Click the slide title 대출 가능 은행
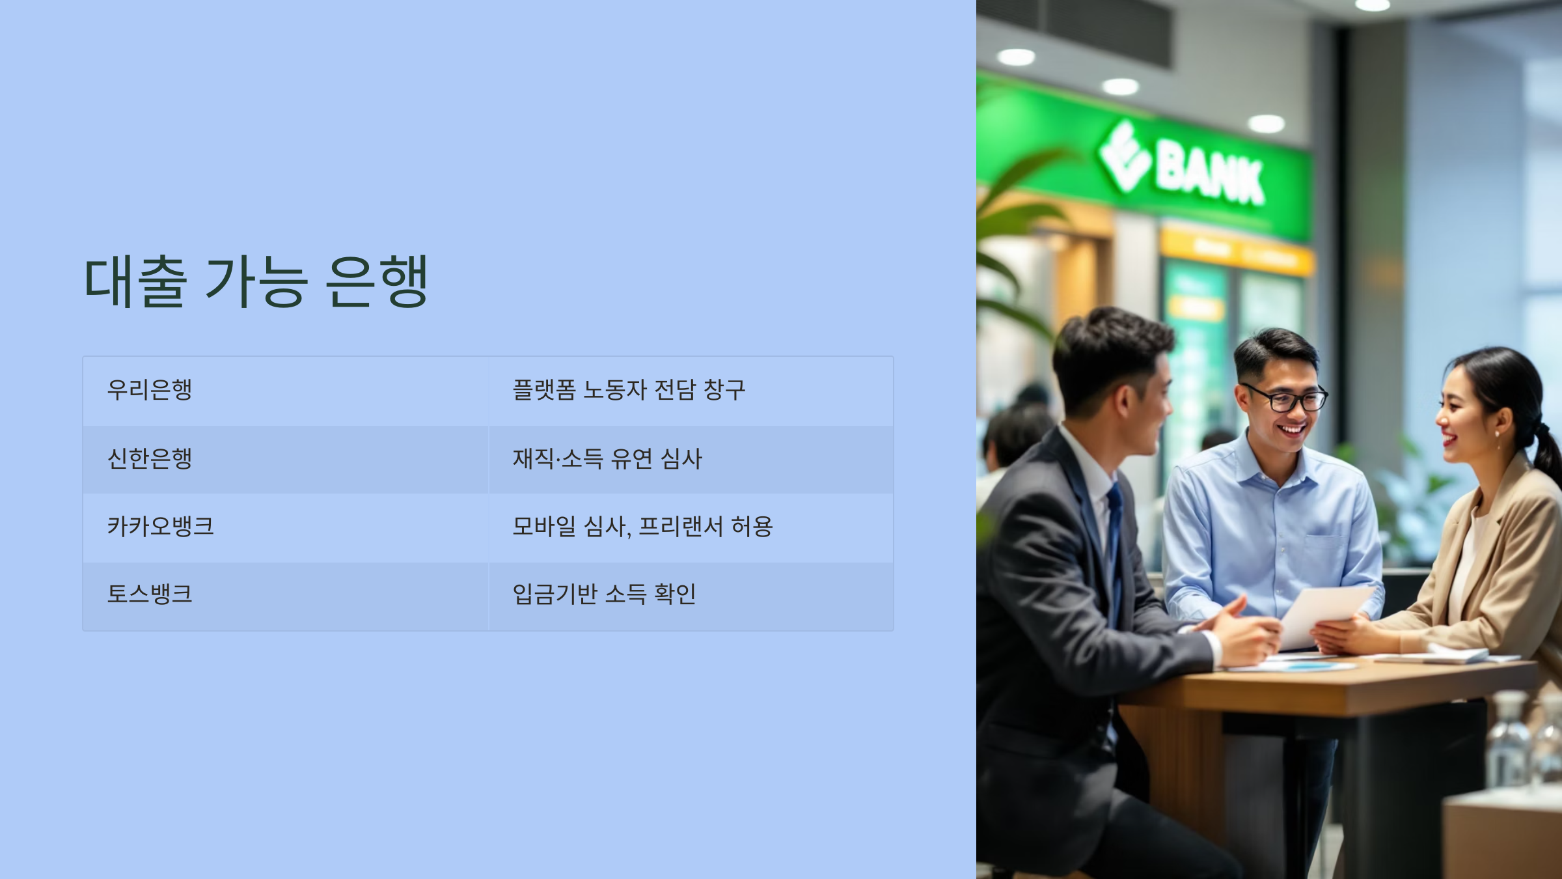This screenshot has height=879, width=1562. (256, 281)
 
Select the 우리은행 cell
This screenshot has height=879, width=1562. (150, 389)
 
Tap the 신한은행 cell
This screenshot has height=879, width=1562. (150, 458)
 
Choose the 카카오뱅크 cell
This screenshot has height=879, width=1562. (160, 526)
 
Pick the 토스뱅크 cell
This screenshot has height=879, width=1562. (150, 594)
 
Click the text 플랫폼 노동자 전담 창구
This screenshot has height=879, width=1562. (629, 389)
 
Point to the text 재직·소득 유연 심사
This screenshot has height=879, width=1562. (607, 458)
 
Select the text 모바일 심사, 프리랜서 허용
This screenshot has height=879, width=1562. (642, 526)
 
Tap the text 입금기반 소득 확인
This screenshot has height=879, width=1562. (604, 594)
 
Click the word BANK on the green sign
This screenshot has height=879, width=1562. (1209, 173)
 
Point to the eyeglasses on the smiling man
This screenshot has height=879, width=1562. (1285, 398)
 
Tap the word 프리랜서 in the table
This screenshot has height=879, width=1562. (681, 526)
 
